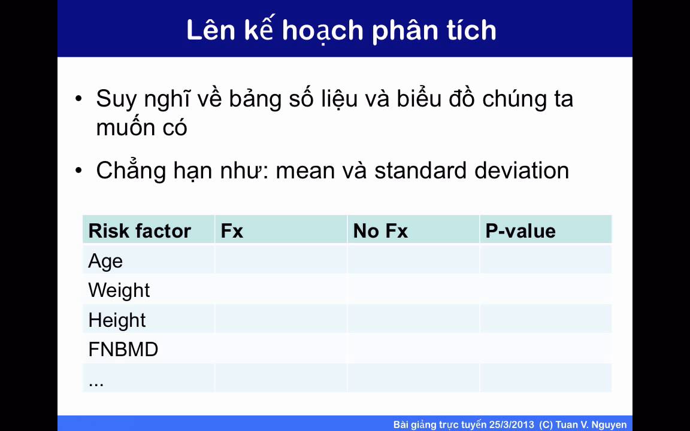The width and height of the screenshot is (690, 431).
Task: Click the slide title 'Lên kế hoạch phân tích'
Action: [x=341, y=30]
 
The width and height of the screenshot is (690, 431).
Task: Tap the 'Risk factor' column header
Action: [x=140, y=231]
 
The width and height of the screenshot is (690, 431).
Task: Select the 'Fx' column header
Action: [x=232, y=231]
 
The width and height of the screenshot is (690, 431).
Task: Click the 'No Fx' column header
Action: [x=380, y=231]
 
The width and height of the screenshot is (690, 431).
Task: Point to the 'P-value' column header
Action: [x=520, y=231]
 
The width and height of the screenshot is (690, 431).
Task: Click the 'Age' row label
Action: [x=105, y=261]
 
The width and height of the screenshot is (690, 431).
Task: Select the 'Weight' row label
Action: [x=119, y=290]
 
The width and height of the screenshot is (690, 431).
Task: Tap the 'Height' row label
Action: [x=117, y=320]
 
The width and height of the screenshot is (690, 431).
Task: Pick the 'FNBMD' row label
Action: [x=123, y=350]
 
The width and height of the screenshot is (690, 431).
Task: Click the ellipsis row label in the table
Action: [x=96, y=381]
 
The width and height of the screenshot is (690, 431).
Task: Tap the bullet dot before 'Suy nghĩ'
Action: [x=79, y=99]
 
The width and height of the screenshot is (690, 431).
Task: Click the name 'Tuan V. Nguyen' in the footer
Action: [x=591, y=424]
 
